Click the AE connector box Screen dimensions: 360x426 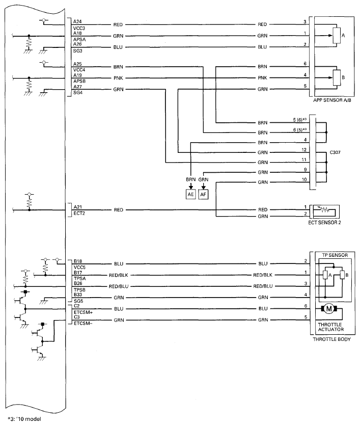click(191, 194)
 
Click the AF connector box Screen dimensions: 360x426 click(203, 194)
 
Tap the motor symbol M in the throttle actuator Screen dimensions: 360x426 click(329, 309)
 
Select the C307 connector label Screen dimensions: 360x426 click(335, 152)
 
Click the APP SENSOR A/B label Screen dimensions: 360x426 click(332, 100)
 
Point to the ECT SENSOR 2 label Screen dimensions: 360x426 click(324, 223)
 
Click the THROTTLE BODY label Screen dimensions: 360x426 click(332, 339)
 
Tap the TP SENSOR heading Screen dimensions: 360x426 click(335, 255)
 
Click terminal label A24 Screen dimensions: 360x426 click(77, 21)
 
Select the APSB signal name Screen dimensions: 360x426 click(79, 81)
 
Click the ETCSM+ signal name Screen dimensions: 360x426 click(84, 312)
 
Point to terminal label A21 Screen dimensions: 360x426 click(77, 207)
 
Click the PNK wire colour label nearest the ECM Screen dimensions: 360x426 click(118, 78)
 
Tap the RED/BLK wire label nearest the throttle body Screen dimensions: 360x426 click(263, 275)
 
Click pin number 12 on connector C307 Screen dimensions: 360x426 click(304, 150)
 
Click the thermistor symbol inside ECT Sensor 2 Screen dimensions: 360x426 click(324, 209)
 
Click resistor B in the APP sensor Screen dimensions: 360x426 click(337, 77)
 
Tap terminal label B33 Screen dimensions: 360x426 click(78, 295)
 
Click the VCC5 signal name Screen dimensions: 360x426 click(79, 268)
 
